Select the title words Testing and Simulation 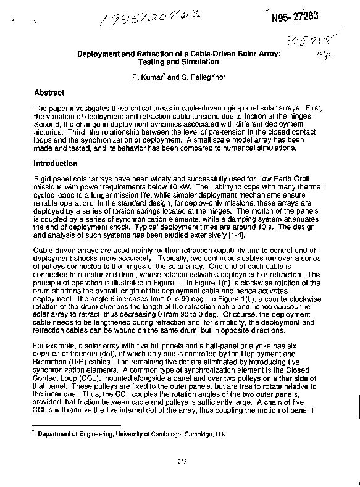point(179,62)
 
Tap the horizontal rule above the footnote point(77,425)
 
